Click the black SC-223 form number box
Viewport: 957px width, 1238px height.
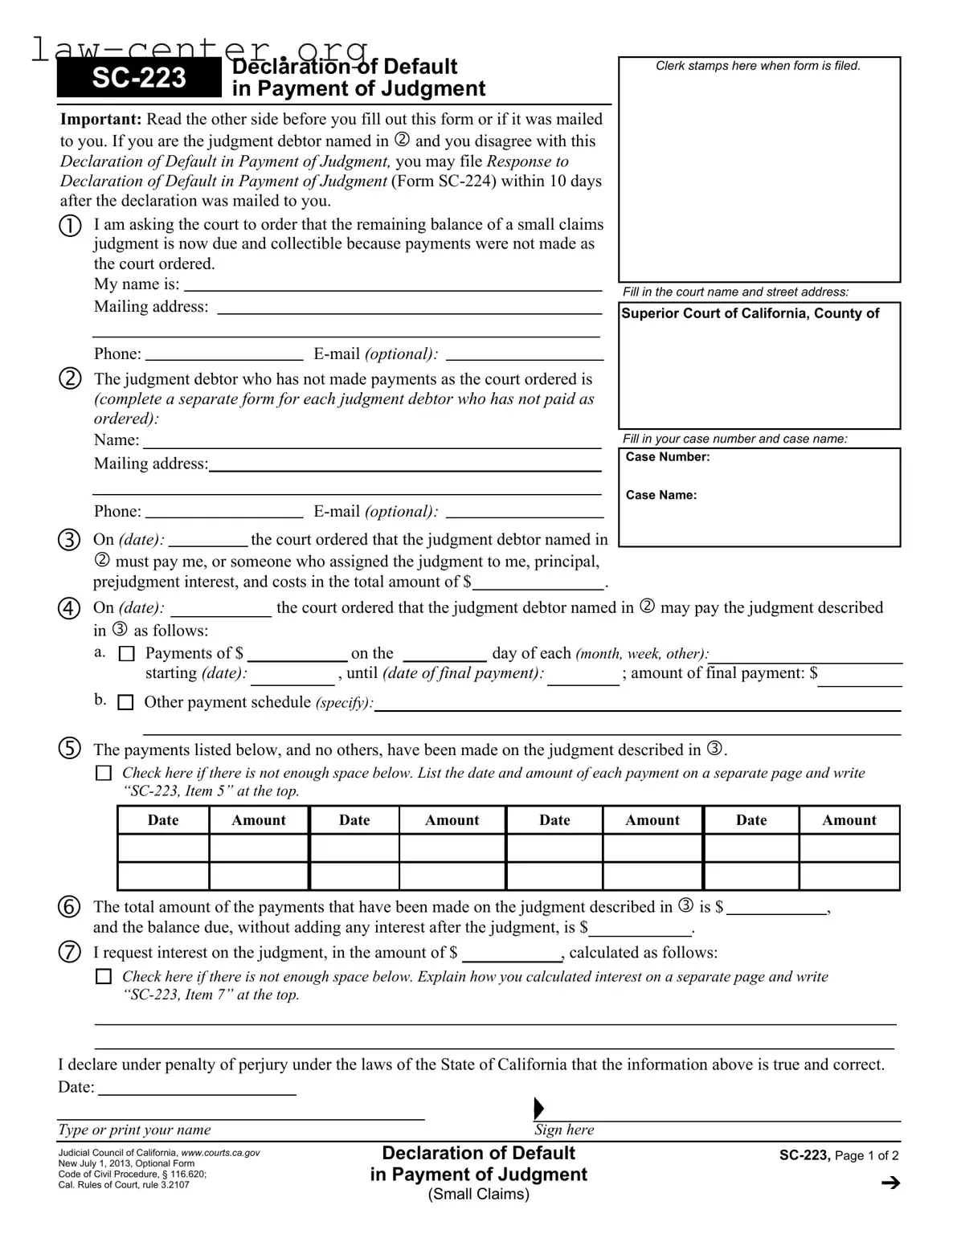(x=138, y=78)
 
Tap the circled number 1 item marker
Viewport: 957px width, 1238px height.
(x=70, y=226)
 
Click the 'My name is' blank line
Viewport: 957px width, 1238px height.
(x=393, y=285)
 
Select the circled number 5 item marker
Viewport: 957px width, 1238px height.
(x=70, y=749)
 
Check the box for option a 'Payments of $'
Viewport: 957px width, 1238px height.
(x=126, y=654)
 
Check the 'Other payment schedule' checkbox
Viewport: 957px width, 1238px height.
(x=125, y=702)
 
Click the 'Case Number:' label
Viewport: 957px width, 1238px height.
(x=668, y=457)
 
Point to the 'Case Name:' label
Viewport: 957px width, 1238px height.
(x=661, y=495)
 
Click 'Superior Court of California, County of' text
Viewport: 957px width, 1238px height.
(x=750, y=313)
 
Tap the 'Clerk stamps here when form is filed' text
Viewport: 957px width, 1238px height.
(x=758, y=66)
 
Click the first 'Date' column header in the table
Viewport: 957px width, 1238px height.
(x=163, y=820)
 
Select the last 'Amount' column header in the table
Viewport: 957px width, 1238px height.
(x=849, y=820)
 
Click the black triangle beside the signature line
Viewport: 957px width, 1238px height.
(x=538, y=1109)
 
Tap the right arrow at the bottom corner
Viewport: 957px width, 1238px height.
(x=890, y=1183)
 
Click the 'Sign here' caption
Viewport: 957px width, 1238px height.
(x=564, y=1130)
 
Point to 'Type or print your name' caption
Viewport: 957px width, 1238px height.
(x=134, y=1130)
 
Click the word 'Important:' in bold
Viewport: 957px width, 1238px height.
(x=101, y=120)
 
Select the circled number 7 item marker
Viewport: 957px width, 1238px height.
(x=70, y=953)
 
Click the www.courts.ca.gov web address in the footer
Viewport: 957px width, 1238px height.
(x=220, y=1153)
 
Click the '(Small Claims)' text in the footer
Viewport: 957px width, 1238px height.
(x=479, y=1194)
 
